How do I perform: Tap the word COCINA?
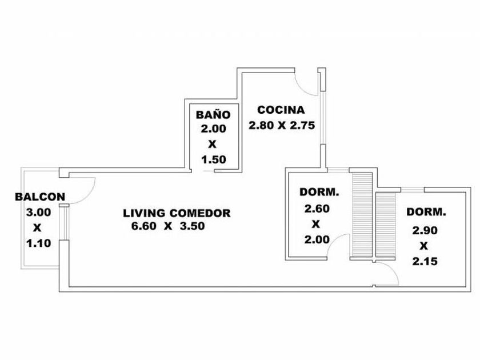click(281, 110)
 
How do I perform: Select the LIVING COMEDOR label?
click(177, 213)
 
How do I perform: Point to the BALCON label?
click(40, 197)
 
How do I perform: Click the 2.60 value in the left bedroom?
click(317, 209)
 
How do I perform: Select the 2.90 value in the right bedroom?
click(423, 231)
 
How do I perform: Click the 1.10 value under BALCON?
click(39, 243)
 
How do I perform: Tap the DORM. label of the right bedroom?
click(426, 212)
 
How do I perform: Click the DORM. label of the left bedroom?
click(319, 193)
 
